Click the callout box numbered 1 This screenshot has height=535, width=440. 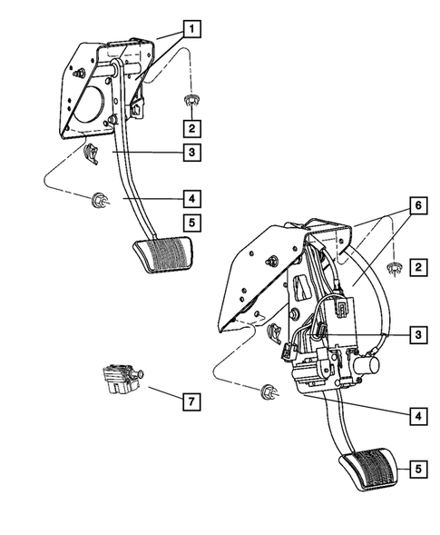[191, 28]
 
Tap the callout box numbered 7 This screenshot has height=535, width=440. [191, 400]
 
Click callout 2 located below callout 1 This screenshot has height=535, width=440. [191, 128]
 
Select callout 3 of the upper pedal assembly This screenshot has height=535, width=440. [191, 154]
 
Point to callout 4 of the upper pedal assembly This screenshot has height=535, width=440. [191, 197]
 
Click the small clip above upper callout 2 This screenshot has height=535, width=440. [191, 100]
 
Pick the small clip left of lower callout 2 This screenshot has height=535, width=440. [394, 268]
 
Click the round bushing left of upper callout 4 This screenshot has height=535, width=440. [97, 199]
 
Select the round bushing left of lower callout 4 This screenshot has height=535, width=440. [268, 392]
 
